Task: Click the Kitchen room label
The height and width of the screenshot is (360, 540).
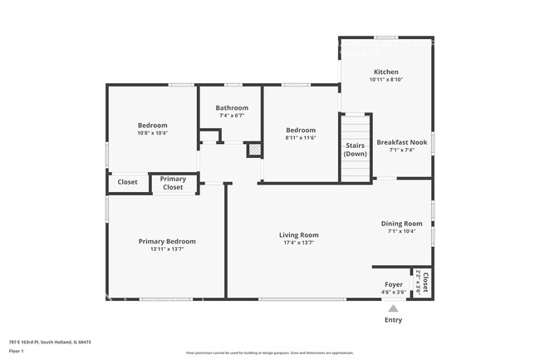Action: click(385, 72)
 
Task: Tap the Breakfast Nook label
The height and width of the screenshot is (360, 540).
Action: click(401, 142)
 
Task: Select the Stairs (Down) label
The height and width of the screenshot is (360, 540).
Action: click(356, 150)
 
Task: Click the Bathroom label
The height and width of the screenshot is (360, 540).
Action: click(232, 108)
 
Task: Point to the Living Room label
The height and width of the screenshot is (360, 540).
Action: click(298, 235)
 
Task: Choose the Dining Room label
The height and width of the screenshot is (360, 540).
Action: click(401, 224)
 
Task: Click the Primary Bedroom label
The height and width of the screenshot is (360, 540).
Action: click(167, 241)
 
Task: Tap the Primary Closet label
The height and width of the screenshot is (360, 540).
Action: click(173, 183)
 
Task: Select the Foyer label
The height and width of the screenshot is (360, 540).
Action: click(394, 284)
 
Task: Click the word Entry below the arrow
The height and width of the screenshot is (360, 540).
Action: click(394, 320)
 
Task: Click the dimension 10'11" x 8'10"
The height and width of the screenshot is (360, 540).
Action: click(385, 80)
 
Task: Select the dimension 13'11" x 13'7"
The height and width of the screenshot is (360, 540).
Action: click(167, 249)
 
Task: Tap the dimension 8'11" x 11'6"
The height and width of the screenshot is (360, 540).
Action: click(301, 138)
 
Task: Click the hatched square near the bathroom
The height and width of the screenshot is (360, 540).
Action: click(254, 150)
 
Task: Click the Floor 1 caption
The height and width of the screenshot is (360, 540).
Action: click(17, 351)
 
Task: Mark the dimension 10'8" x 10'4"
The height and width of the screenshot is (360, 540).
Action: click(152, 133)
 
